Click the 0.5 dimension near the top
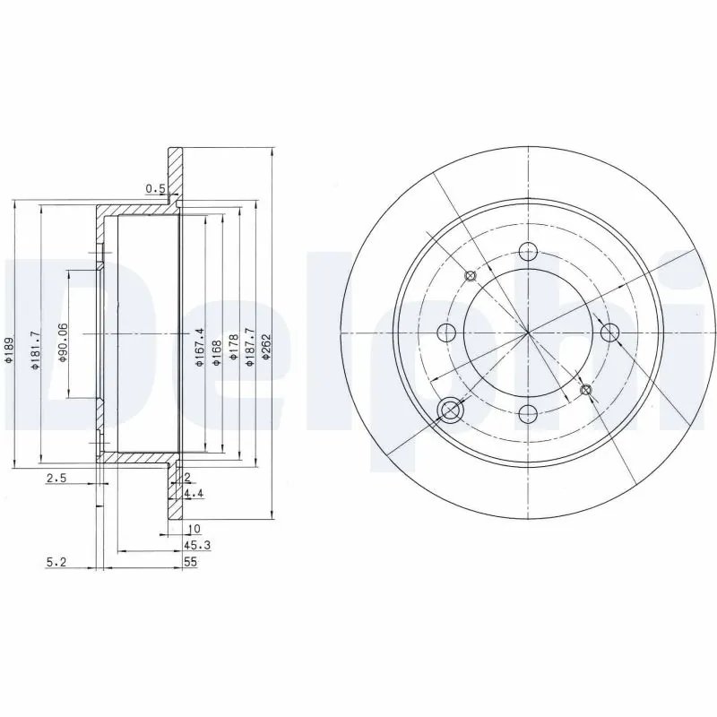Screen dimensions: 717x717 pyautogui.click(x=155, y=188)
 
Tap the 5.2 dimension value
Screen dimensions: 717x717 pyautogui.click(x=56, y=562)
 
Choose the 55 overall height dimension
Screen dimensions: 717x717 pyautogui.click(x=190, y=562)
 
